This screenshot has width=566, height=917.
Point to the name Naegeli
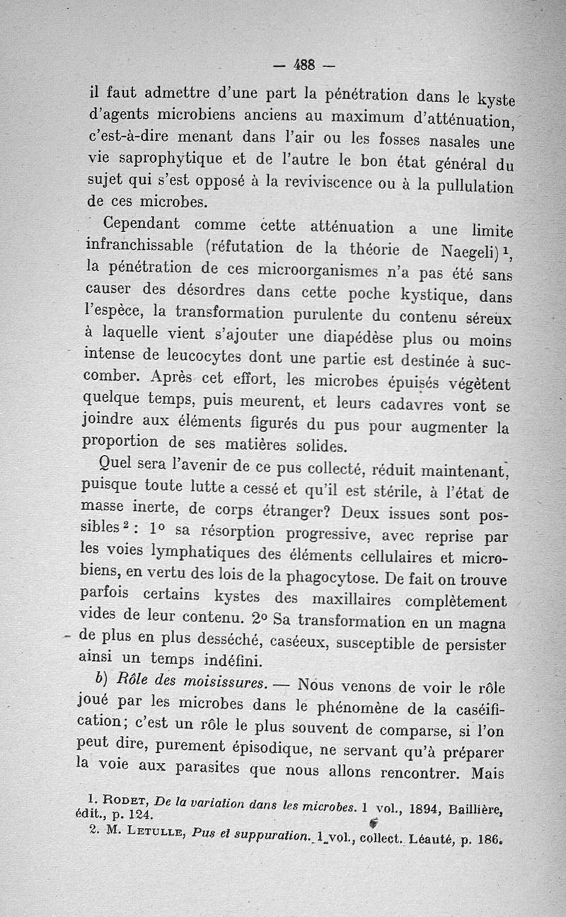[x=469, y=250]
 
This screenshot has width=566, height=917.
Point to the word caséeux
[x=292, y=642]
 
